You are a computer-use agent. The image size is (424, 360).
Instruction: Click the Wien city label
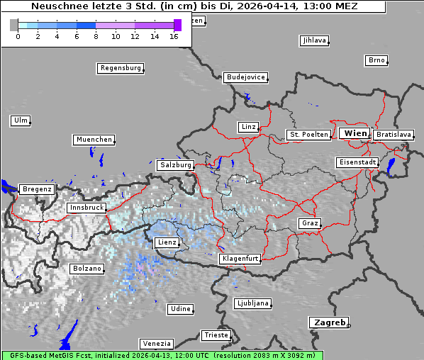pyautogui.click(x=355, y=133)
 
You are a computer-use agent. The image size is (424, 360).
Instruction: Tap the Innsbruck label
pyautogui.click(x=87, y=208)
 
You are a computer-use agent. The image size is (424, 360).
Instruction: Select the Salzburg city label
pyautogui.click(x=175, y=165)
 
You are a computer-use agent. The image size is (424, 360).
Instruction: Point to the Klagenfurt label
pyautogui.click(x=240, y=259)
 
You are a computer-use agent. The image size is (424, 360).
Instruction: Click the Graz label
pyautogui.click(x=309, y=224)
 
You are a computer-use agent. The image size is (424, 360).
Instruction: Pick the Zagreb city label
pyautogui.click(x=328, y=322)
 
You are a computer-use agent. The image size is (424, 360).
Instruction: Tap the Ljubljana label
pyautogui.click(x=252, y=303)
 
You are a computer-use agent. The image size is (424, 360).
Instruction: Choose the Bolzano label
pyautogui.click(x=87, y=269)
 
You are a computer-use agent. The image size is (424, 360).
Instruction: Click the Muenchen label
pyautogui.click(x=94, y=140)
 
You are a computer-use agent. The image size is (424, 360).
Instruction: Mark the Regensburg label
pyautogui.click(x=120, y=69)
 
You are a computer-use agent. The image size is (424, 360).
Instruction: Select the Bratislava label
pyautogui.click(x=394, y=135)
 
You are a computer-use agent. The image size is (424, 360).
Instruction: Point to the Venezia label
pyautogui.click(x=155, y=344)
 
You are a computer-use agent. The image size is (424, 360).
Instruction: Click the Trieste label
pyautogui.click(x=216, y=335)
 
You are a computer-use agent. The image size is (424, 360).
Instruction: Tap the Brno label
pyautogui.click(x=376, y=60)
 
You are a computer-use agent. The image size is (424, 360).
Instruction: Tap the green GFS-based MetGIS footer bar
pyautogui.click(x=162, y=355)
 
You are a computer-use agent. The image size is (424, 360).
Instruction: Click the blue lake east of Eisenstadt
pyautogui.click(x=391, y=167)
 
